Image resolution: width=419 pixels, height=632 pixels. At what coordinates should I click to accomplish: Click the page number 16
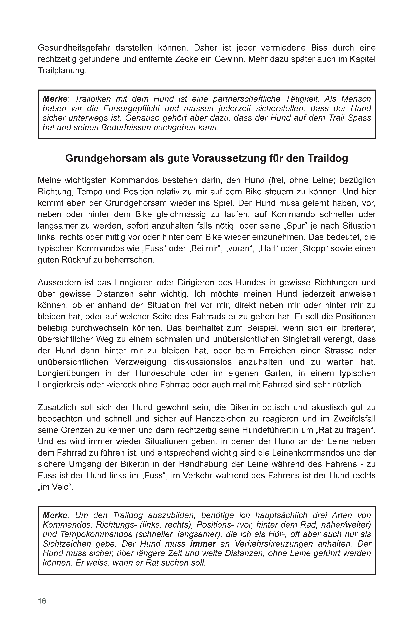[42, 601]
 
